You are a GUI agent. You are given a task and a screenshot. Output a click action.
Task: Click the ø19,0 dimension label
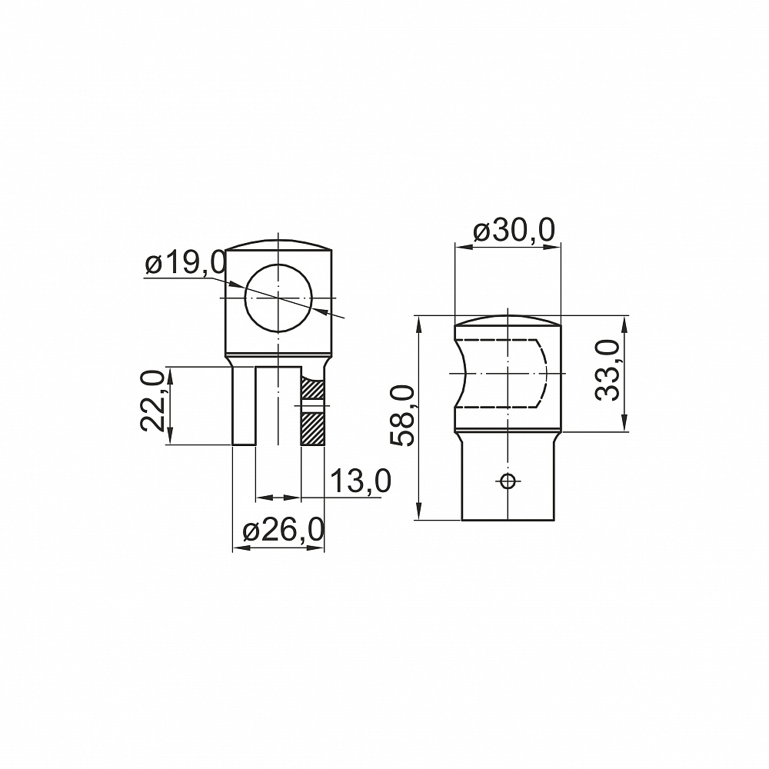[x=185, y=263]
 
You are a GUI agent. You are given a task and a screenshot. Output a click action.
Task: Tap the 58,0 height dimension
[x=403, y=416]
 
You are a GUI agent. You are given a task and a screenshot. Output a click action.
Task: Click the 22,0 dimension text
[x=152, y=401]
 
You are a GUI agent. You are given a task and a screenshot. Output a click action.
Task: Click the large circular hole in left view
[x=278, y=298]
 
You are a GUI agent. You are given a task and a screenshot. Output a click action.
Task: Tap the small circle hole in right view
[x=508, y=481]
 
